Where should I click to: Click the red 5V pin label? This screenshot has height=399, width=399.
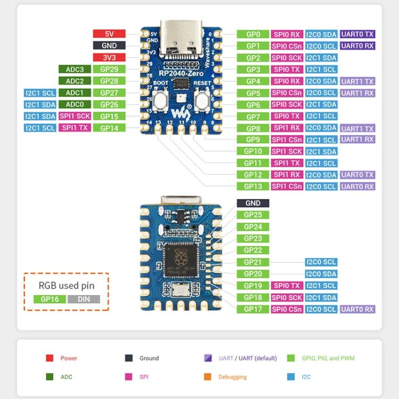[109, 34]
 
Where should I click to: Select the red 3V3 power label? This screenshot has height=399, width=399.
[109, 57]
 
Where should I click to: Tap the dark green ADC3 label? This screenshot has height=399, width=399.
[74, 69]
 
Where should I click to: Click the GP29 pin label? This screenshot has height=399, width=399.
[109, 69]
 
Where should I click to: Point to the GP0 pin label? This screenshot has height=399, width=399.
[253, 34]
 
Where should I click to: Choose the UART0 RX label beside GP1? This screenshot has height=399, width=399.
[358, 46]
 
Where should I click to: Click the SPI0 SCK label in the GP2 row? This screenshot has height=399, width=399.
[287, 57]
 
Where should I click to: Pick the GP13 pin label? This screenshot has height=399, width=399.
[253, 186]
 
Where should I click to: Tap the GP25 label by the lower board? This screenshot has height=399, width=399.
[253, 215]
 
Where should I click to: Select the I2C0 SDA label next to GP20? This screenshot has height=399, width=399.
[321, 273]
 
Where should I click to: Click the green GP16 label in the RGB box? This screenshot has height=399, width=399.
[49, 299]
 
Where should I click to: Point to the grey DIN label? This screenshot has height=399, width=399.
[84, 299]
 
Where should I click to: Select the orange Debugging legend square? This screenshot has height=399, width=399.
[207, 377]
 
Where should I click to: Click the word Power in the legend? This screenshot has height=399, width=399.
[69, 358]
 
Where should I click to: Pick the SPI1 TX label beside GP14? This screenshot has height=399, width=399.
[74, 128]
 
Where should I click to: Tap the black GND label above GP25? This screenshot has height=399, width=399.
[253, 203]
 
